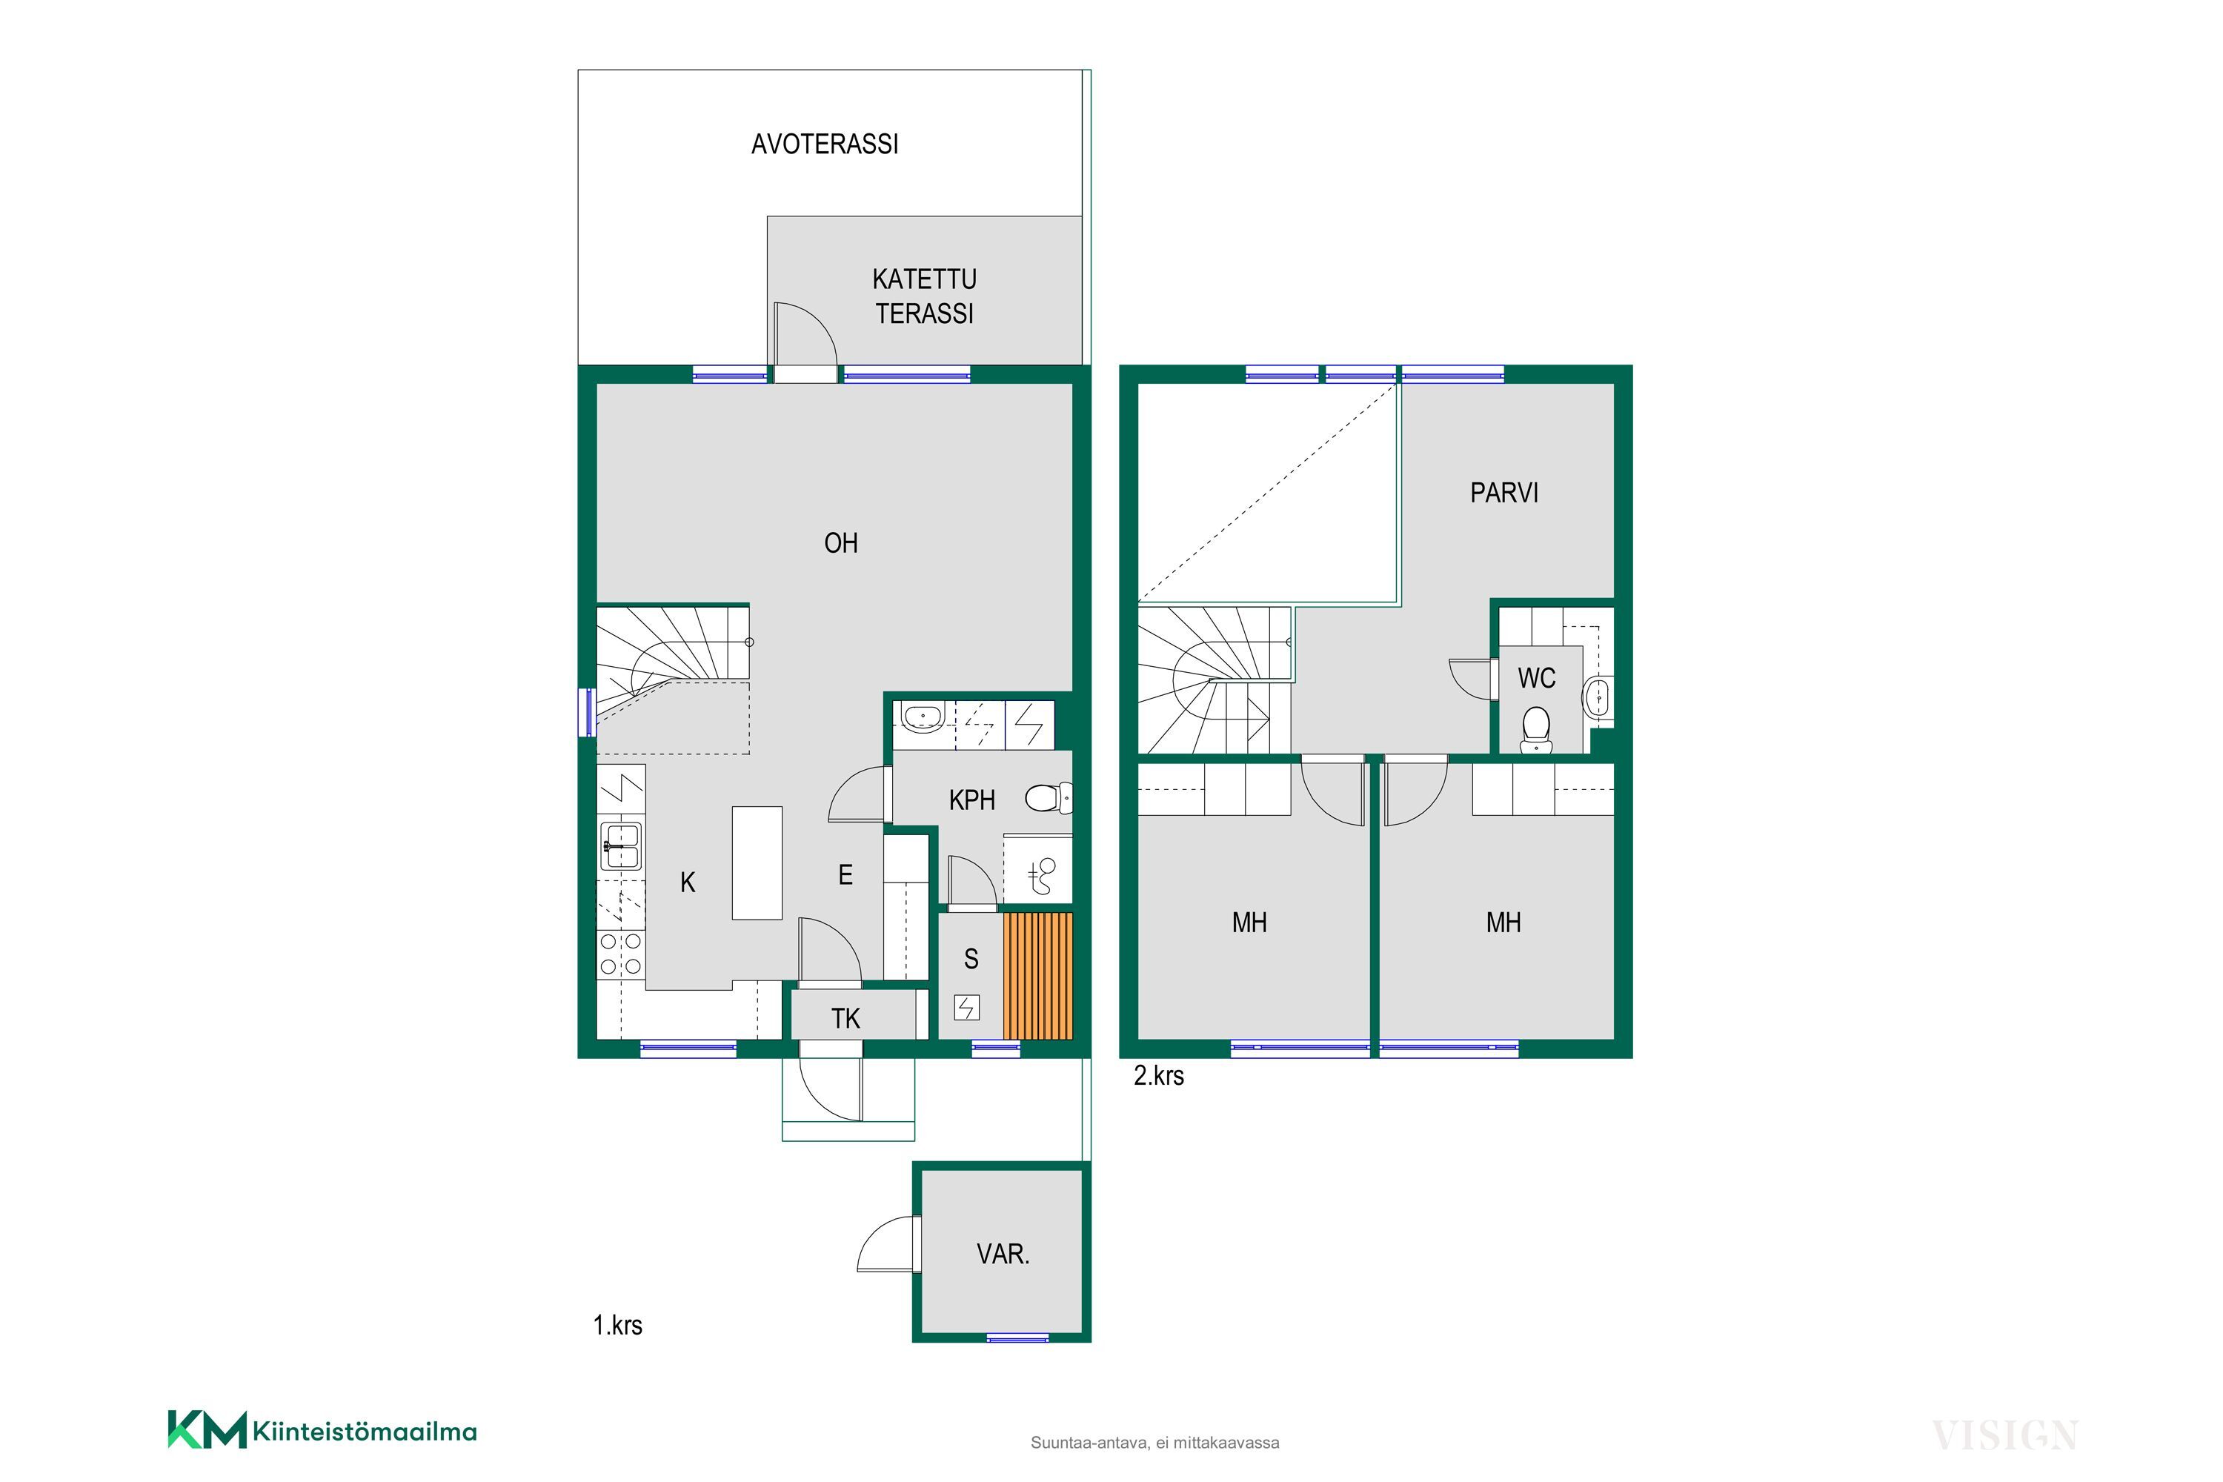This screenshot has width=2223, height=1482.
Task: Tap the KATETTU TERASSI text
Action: point(924,296)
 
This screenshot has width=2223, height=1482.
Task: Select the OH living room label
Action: point(840,542)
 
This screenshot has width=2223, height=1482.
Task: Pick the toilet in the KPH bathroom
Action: point(1049,799)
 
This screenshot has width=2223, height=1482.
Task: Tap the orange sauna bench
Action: point(1038,975)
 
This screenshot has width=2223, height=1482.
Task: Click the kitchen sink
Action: point(621,846)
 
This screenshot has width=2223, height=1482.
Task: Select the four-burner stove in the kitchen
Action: point(621,954)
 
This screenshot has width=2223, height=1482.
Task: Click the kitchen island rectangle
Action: point(757,863)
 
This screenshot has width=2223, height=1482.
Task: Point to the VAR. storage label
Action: point(1003,1255)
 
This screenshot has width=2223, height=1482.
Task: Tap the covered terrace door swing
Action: point(805,333)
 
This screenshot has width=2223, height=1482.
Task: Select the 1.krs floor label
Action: point(617,1325)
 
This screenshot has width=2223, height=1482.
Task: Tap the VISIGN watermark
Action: point(2004,1436)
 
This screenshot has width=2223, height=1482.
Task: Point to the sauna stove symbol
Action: point(967,1009)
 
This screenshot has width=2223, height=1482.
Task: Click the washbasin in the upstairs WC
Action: point(1598,697)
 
